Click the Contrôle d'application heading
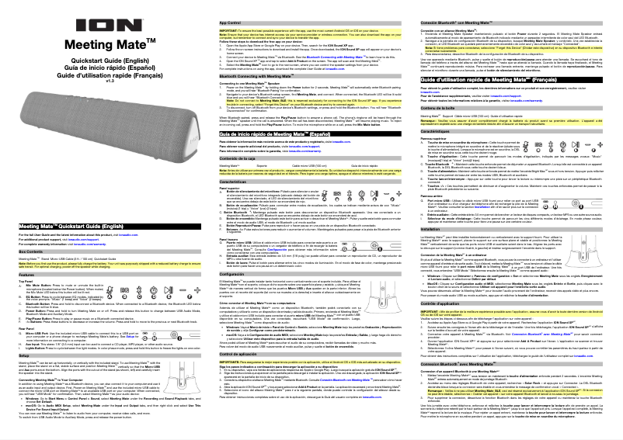pos(449,284)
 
